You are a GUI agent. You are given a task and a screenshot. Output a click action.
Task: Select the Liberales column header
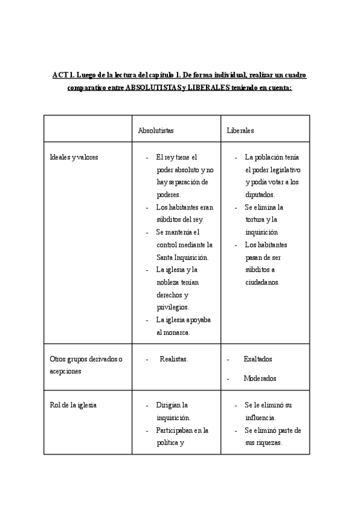pyautogui.click(x=240, y=130)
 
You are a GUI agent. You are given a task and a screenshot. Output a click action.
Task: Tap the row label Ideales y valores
pyautogui.click(x=74, y=157)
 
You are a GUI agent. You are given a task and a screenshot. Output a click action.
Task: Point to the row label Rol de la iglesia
pyautogui.click(x=73, y=405)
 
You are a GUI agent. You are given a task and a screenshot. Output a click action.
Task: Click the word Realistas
pyautogui.click(x=173, y=359)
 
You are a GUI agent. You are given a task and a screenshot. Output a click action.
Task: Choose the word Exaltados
pyautogui.click(x=257, y=359)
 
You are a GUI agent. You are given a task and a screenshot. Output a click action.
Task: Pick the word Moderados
pyautogui.click(x=260, y=378)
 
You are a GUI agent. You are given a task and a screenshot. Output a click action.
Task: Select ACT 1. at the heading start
pyautogui.click(x=62, y=75)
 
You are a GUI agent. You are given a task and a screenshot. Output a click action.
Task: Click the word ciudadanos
pyautogui.click(x=262, y=282)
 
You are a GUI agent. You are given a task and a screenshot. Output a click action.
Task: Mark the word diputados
pyautogui.click(x=260, y=194)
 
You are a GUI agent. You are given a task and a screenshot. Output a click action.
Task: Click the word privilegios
pyautogui.click(x=173, y=307)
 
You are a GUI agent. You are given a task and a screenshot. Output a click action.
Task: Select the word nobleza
pyautogui.click(x=169, y=282)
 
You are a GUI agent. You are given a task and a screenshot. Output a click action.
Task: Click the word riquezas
pyautogui.click(x=266, y=443)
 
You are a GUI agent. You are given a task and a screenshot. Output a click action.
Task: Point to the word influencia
pyautogui.click(x=262, y=418)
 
